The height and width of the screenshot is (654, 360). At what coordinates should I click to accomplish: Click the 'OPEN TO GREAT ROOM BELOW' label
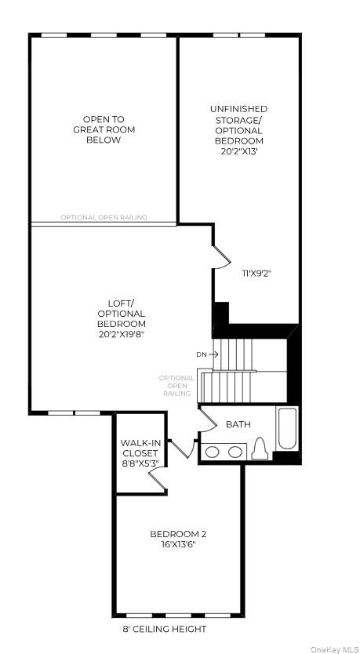coord(103,129)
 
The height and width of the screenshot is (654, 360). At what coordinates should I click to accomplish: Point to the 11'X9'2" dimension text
coord(256,274)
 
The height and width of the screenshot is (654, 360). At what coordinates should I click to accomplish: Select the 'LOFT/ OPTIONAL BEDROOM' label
coord(122,313)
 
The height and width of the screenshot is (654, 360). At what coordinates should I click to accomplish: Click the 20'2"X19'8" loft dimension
coord(122,333)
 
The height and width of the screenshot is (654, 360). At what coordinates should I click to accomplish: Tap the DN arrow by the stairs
coord(207,354)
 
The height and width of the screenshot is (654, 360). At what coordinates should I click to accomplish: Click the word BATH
coord(238,424)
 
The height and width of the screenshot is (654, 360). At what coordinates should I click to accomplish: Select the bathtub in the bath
coord(287,430)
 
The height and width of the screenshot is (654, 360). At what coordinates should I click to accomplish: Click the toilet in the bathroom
coord(261,449)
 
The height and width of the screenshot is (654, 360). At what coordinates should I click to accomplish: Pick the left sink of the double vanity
coord(213,452)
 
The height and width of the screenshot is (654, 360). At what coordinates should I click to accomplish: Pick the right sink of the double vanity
coord(235,452)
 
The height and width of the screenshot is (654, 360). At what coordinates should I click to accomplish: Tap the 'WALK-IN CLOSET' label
coord(140,448)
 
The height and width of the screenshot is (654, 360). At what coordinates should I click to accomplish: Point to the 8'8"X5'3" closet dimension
coord(140,463)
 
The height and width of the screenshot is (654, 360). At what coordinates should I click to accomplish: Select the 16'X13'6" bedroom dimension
coord(178,544)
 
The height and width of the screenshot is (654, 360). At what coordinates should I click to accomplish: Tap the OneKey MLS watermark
coord(333,648)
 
